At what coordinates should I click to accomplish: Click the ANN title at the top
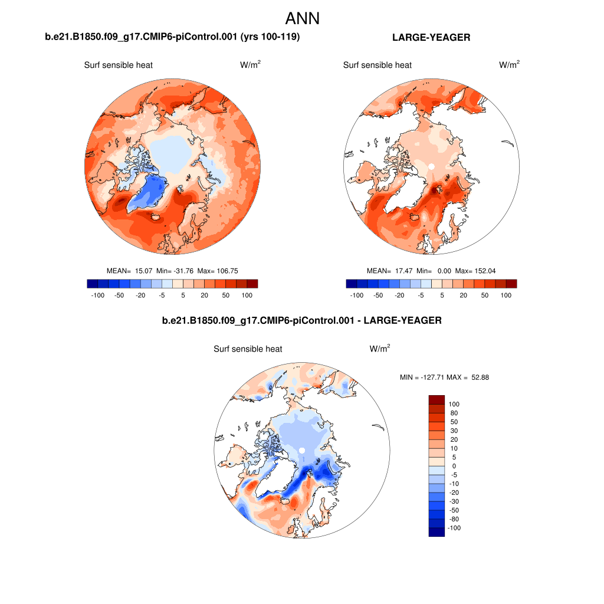(x=302, y=18)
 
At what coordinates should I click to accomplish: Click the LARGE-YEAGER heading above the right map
(x=431, y=38)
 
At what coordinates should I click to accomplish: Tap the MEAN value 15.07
(x=144, y=271)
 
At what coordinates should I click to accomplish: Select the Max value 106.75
(x=227, y=271)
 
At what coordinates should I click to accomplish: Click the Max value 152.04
(x=484, y=271)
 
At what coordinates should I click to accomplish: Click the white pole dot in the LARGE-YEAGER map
(x=431, y=166)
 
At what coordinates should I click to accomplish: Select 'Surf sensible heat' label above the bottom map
(x=248, y=349)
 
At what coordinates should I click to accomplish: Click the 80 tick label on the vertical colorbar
(x=454, y=413)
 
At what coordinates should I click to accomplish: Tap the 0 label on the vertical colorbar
(x=453, y=466)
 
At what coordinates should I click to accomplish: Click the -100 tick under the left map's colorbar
(x=98, y=295)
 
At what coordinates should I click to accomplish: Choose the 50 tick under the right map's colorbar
(x=485, y=295)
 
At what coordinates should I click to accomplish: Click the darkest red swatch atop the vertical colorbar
(x=436, y=400)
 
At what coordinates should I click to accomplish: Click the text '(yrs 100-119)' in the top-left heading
(x=271, y=38)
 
